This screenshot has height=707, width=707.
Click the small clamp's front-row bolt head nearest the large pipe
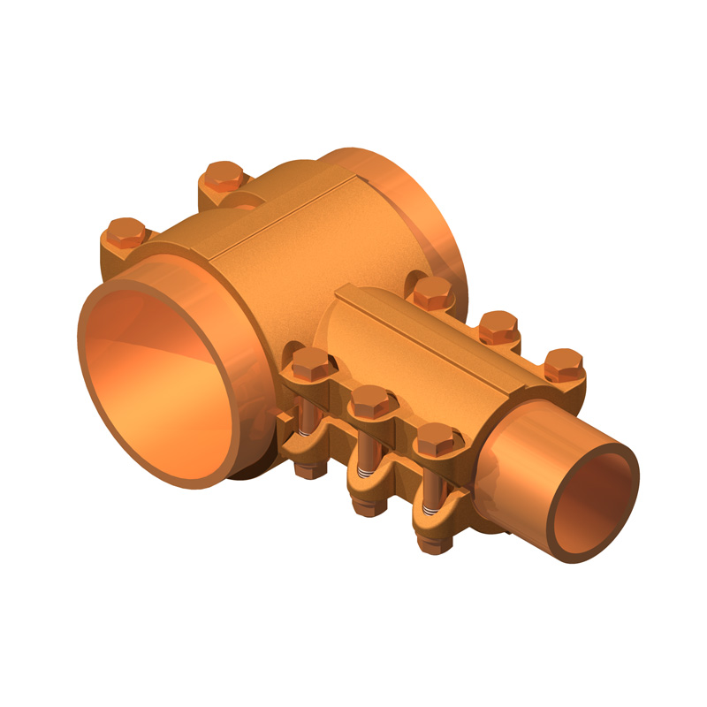click(309, 362)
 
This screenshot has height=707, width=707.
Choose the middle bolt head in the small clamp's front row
click(369, 402)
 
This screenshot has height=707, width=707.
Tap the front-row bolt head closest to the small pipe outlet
click(435, 438)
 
